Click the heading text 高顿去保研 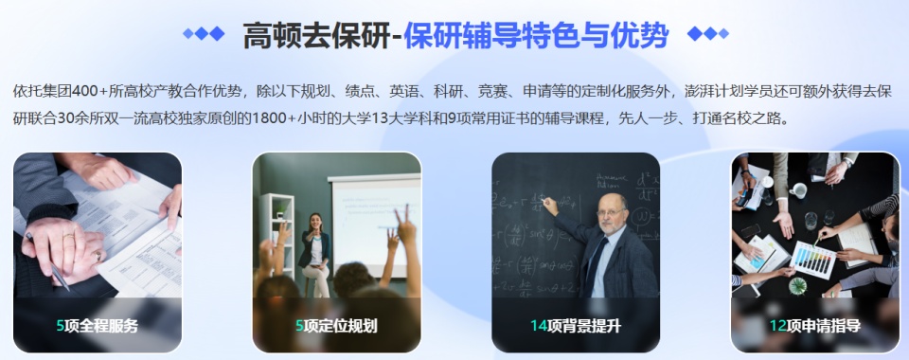click(x=316, y=35)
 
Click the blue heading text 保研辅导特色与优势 click(x=536, y=35)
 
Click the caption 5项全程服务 click(x=97, y=326)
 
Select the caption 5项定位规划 click(x=336, y=326)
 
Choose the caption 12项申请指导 click(x=814, y=326)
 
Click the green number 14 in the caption click(x=539, y=326)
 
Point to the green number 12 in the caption click(x=777, y=326)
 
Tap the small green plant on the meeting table click(x=797, y=284)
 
